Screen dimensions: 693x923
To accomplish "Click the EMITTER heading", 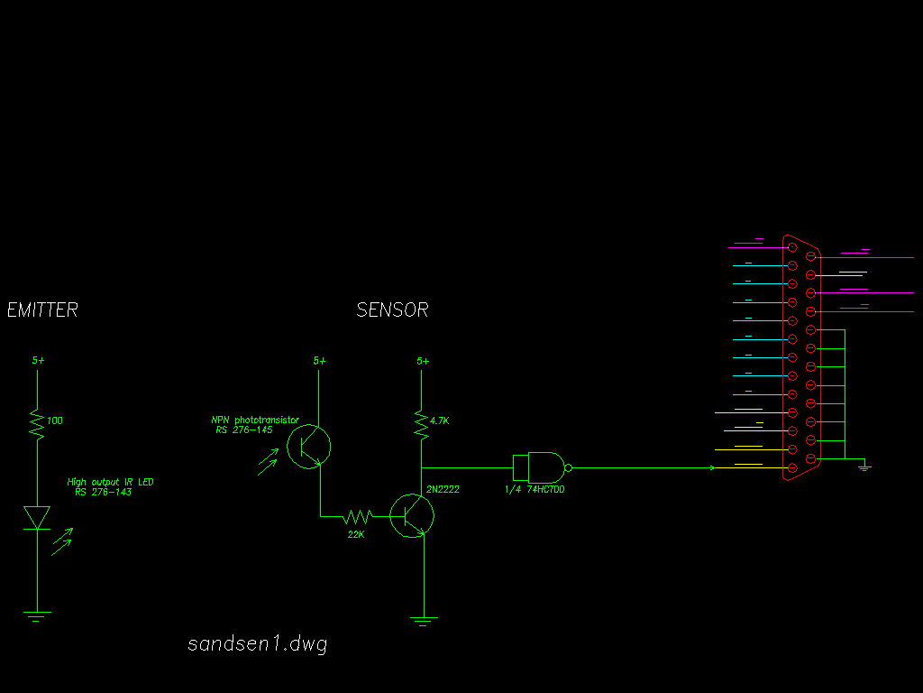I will point(42,310).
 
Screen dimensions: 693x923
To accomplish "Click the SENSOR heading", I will point(392,310).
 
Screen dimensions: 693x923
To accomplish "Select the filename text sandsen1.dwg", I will point(257,644).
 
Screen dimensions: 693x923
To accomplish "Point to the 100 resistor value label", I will point(55,420).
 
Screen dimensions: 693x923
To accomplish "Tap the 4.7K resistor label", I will point(441,420).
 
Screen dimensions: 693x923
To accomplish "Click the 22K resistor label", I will point(356,534).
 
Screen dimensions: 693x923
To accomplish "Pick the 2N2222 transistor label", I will point(443,489).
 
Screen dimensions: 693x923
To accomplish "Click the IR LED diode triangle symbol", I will point(37,517).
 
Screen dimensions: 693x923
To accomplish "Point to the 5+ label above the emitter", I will point(38,360).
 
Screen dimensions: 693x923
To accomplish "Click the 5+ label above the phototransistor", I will point(320,361).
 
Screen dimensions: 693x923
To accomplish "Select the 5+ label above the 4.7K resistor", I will point(423,361).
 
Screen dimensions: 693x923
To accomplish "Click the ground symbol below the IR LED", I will point(37,616).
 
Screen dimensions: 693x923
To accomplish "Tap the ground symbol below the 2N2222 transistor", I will point(424,621).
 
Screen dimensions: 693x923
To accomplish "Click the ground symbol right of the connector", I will point(864,466).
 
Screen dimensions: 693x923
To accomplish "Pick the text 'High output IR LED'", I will point(110,482).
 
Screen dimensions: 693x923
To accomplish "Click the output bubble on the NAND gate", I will point(569,468).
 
